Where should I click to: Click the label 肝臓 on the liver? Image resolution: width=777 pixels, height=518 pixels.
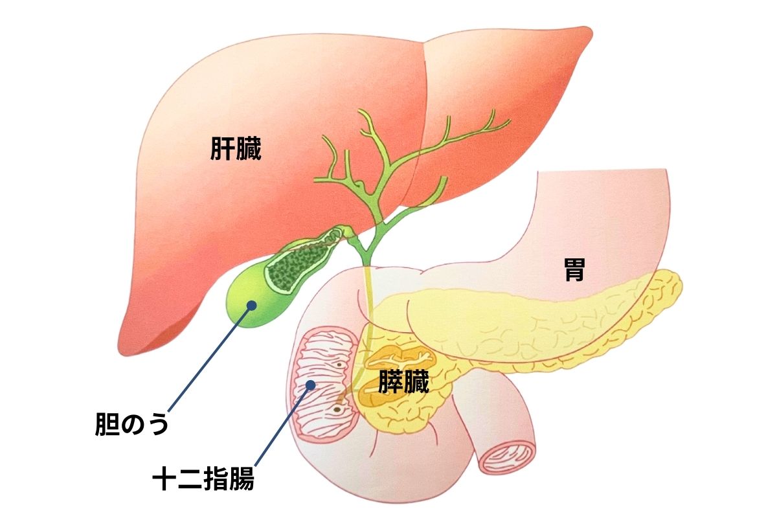coord(236,149)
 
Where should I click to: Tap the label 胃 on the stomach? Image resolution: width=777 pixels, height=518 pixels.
coord(574,272)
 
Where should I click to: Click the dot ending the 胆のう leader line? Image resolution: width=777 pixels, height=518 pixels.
coord(250,305)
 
